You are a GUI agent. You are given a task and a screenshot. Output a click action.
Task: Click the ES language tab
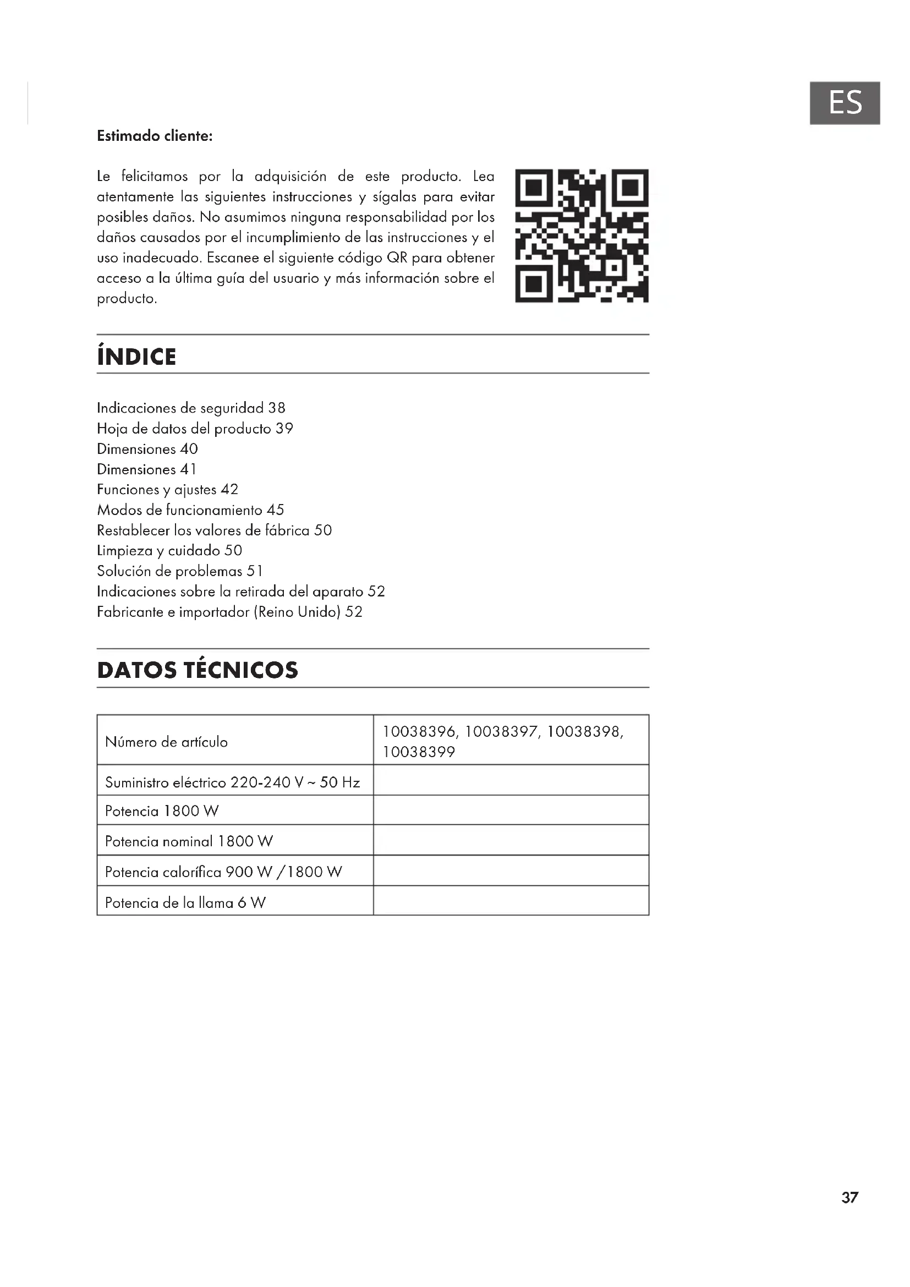coord(845,103)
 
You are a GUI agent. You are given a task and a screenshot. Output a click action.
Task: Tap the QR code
coord(582,236)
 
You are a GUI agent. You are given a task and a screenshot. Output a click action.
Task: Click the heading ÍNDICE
coord(137,357)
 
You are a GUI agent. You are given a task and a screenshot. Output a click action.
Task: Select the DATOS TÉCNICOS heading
coord(198,670)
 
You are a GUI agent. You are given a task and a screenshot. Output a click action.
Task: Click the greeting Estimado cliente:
coord(155,136)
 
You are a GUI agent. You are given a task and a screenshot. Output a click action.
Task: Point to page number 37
coord(849,1197)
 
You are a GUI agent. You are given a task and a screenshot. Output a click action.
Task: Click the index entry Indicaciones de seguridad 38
coord(191,408)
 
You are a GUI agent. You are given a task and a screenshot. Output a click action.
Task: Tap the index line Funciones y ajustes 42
coord(168,490)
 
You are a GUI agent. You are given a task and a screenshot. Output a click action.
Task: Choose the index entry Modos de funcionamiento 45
coord(190,510)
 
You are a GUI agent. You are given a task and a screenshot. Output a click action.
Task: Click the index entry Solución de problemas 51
coord(180,571)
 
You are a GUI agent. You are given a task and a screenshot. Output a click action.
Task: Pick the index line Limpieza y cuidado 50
coord(169,550)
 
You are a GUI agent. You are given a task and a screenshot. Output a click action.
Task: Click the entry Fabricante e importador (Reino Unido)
coord(230,612)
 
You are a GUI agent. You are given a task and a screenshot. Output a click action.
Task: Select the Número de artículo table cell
coord(166,742)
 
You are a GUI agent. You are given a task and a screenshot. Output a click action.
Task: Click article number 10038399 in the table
coord(419,752)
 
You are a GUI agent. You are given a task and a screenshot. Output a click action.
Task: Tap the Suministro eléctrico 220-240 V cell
coord(232,782)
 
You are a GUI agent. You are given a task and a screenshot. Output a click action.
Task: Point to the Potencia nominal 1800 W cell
coord(189,841)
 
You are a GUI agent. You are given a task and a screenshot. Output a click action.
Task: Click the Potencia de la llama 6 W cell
coord(185,903)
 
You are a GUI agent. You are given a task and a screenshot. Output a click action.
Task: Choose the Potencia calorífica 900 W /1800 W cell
coord(223,872)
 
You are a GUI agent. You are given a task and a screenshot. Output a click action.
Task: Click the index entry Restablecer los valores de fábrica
coord(214,530)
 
